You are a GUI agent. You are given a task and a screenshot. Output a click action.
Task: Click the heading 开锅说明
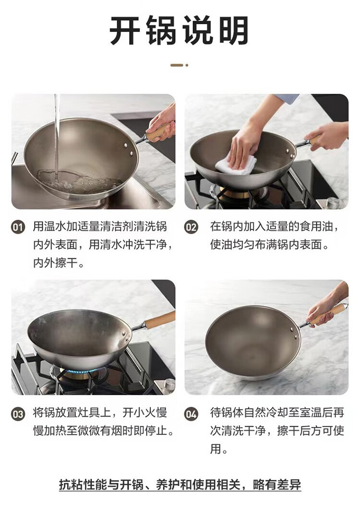pyautogui.click(x=180, y=31)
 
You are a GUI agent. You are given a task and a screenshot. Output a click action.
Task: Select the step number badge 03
pyautogui.click(x=18, y=414)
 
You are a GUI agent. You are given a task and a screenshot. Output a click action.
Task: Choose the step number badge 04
pyautogui.click(x=191, y=414)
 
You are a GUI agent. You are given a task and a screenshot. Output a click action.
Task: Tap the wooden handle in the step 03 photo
pyautogui.click(x=159, y=320)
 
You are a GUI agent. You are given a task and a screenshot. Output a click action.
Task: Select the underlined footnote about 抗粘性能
pyautogui.click(x=180, y=484)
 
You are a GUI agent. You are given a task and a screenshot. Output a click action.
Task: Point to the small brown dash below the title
pyautogui.click(x=177, y=65)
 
